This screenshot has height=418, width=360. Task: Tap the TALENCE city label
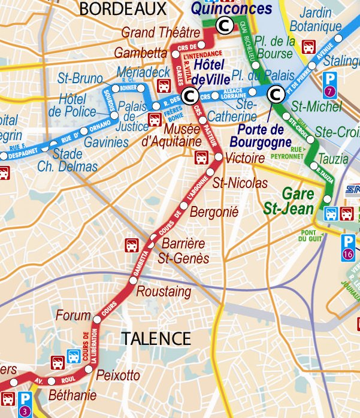pyautogui.click(x=156, y=338)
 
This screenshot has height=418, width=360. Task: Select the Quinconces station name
pyautogui.click(x=223, y=9)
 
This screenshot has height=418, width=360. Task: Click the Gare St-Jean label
pyautogui.click(x=289, y=201)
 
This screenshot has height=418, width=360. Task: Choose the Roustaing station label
pyautogui.click(x=164, y=292)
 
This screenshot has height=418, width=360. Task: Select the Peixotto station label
pyautogui.click(x=118, y=375)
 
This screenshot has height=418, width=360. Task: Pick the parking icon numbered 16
pyautogui.click(x=348, y=246)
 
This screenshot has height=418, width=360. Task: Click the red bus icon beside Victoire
pyautogui.click(x=203, y=157)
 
